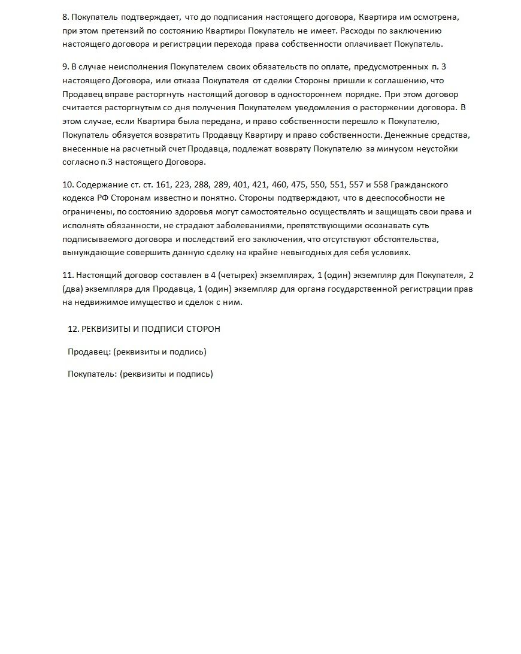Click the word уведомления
coord(319,108)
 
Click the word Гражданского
coord(419,184)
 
